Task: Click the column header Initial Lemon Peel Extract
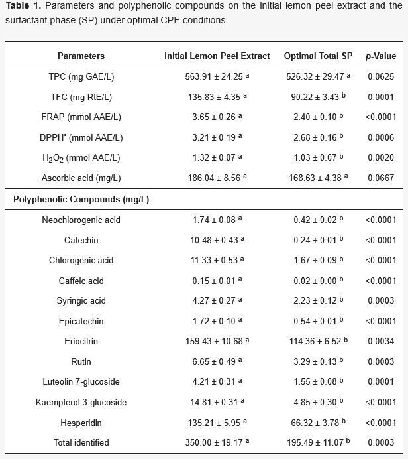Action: [217, 56]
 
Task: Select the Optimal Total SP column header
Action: [319, 56]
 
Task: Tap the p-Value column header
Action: [381, 56]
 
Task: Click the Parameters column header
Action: [81, 56]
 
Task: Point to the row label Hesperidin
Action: [81, 423]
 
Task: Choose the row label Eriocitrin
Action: [81, 342]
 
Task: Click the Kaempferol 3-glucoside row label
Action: [81, 402]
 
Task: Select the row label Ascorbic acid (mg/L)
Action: [81, 178]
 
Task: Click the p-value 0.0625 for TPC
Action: [381, 76]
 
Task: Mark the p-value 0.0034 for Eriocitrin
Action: [381, 342]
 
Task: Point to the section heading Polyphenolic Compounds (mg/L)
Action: [81, 200]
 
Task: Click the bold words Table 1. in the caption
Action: [23, 5]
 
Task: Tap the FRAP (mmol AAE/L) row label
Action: [81, 117]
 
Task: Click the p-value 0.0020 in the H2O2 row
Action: [381, 157]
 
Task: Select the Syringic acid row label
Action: [81, 301]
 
